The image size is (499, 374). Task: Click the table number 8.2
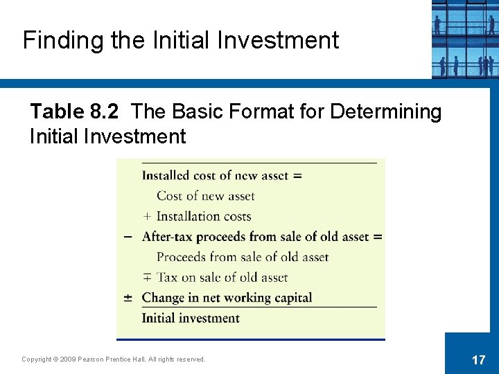click(105, 112)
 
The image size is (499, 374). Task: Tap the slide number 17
click(478, 359)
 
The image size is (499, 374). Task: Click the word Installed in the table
click(166, 175)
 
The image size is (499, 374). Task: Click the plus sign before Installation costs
click(147, 217)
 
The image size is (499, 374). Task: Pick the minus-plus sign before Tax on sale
click(147, 278)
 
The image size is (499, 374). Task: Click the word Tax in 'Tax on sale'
click(167, 278)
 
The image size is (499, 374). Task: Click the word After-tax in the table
click(168, 237)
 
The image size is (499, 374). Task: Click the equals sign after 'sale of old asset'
click(378, 237)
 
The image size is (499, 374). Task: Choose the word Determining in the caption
click(385, 112)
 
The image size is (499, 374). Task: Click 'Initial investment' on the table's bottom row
click(191, 319)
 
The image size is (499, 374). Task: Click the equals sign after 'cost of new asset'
click(297, 175)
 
